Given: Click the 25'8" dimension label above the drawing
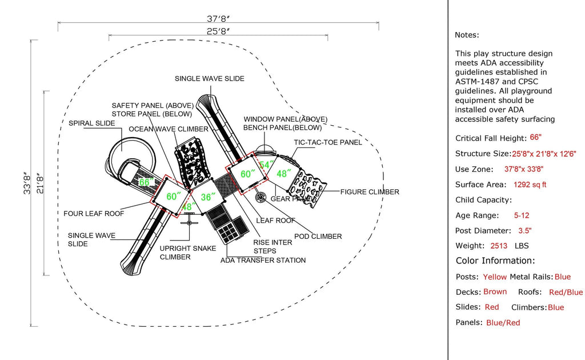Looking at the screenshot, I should (x=218, y=31).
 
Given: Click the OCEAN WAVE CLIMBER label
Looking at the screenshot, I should (x=168, y=129).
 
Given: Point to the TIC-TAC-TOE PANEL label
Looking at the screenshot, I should (x=328, y=142).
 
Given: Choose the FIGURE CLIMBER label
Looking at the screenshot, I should (x=370, y=192).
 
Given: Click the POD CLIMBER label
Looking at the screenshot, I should (x=318, y=236).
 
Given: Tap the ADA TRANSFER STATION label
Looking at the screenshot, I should (x=263, y=260).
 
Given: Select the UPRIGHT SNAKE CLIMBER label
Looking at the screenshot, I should (x=183, y=253).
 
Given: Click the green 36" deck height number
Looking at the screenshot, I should (x=209, y=197).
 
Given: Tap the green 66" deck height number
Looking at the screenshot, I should (x=147, y=182).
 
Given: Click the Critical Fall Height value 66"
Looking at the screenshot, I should (x=535, y=138).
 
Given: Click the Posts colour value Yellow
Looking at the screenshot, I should (x=495, y=277).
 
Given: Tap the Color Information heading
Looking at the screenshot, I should (x=495, y=261).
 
